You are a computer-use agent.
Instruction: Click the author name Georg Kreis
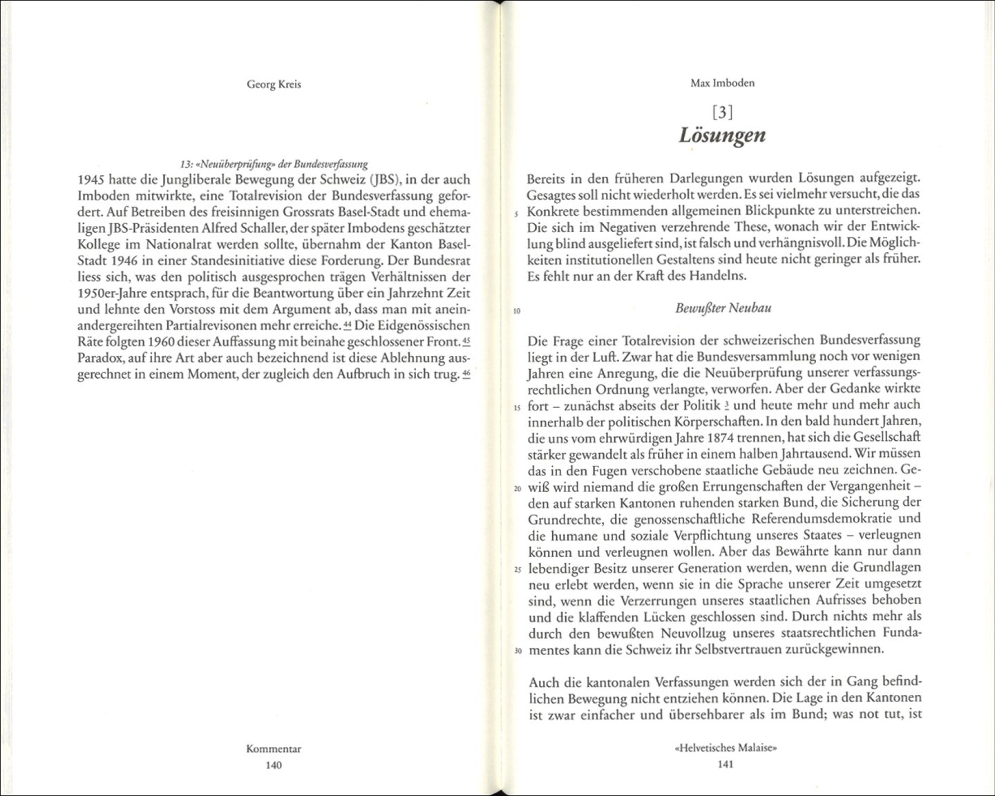point(274,85)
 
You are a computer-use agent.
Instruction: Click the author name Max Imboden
point(722,84)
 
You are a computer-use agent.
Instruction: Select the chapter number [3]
point(722,111)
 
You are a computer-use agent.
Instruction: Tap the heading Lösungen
point(722,135)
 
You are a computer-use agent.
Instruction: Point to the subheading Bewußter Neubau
point(723,308)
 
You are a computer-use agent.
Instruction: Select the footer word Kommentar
point(274,749)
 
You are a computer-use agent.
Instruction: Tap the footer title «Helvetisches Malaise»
point(723,748)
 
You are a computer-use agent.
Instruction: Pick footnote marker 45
point(466,341)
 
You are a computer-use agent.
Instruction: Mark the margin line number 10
point(517,311)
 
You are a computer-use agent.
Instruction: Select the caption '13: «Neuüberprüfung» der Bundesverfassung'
point(274,164)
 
